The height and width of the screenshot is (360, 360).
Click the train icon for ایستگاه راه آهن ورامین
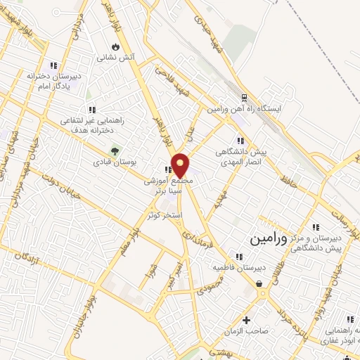pyautogui.click(x=244, y=98)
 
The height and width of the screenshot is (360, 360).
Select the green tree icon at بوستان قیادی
pyautogui.click(x=112, y=150)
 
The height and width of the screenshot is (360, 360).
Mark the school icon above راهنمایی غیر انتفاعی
pyautogui.click(x=91, y=109)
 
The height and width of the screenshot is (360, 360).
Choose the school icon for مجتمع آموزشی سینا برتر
pyautogui.click(x=168, y=169)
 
